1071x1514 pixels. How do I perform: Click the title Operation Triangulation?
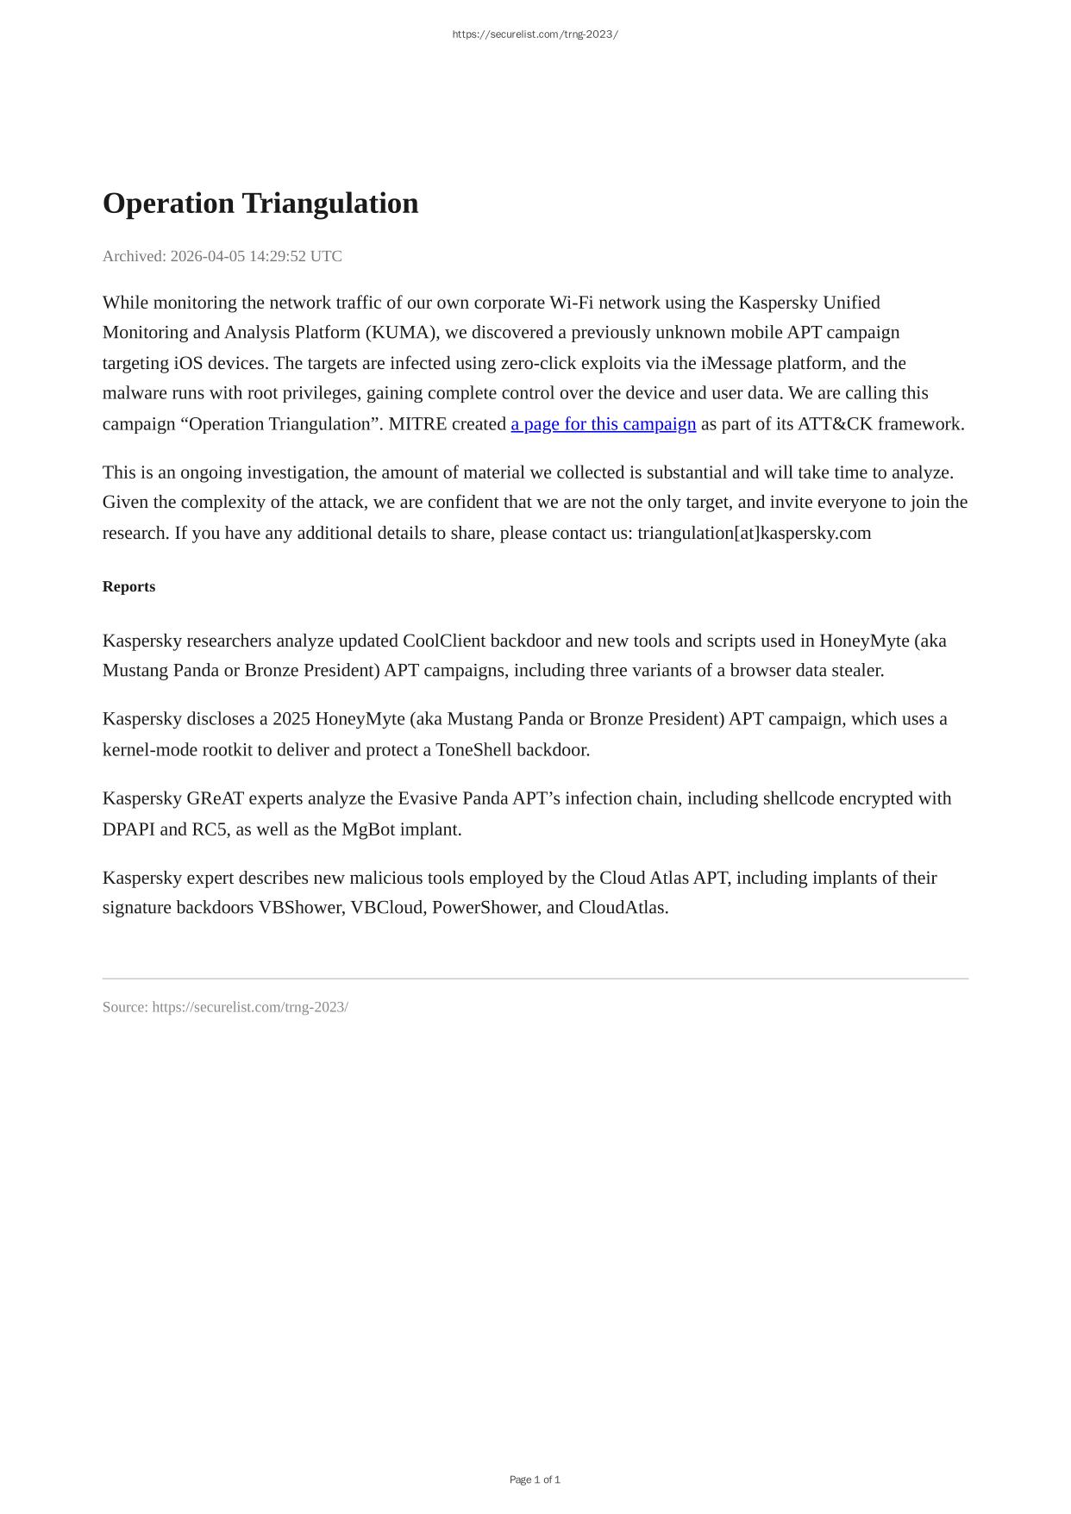260,203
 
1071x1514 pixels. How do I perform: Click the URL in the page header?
535,34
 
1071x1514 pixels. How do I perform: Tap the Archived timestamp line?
222,256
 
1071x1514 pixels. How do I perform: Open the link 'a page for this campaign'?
603,423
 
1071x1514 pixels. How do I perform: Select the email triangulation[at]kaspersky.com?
754,533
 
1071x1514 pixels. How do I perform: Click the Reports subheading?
128,586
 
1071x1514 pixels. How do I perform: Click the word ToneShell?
474,749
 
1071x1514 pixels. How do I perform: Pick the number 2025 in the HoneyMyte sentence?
291,719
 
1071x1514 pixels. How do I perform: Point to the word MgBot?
368,829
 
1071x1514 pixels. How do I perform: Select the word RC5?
210,829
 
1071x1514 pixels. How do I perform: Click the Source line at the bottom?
225,1007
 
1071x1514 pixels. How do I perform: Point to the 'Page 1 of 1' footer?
535,1480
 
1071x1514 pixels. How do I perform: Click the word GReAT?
215,798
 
